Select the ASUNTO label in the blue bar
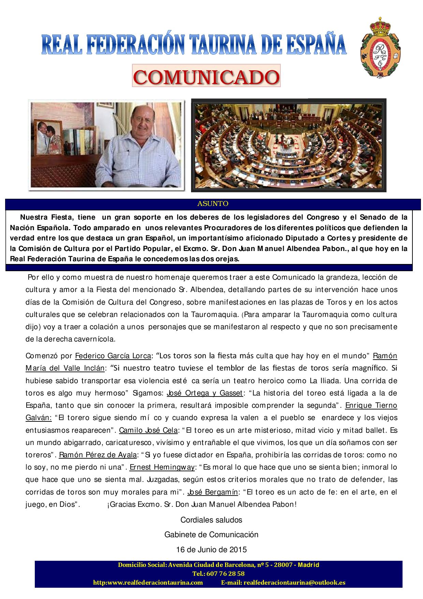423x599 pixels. pos(213,204)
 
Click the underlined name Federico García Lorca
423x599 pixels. pos(113,356)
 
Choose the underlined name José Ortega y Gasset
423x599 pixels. pos(204,393)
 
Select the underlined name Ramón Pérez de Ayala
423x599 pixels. pos(98,455)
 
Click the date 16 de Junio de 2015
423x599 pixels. pos(211,550)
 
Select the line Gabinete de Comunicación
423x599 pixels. pos(211,534)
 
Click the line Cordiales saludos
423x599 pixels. pos(211,520)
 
